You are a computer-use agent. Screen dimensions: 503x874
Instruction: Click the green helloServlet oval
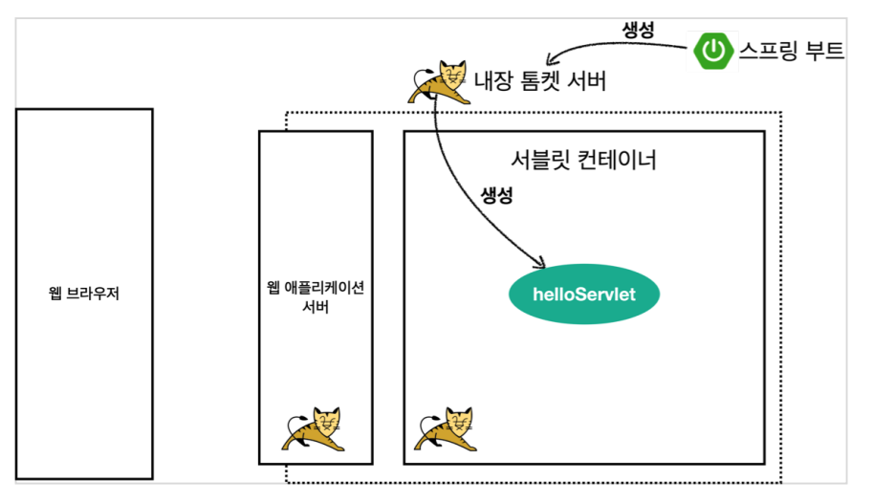584,294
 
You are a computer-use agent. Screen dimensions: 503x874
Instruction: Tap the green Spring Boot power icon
714,52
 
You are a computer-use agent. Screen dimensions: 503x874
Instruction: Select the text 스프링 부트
791,52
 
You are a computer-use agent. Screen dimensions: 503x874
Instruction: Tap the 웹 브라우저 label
83,293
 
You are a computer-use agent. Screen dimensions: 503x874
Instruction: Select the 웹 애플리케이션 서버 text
315,297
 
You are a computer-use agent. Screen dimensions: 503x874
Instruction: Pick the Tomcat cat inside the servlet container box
445,429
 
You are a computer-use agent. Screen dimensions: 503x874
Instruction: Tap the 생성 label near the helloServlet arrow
496,196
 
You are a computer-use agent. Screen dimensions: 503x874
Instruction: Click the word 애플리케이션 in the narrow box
324,288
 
